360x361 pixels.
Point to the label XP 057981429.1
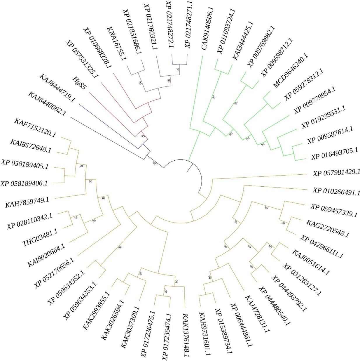coord(337,173)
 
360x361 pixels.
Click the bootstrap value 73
coord(76,218)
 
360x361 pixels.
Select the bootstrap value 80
coord(102,198)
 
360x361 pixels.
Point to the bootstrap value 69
coord(249,247)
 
